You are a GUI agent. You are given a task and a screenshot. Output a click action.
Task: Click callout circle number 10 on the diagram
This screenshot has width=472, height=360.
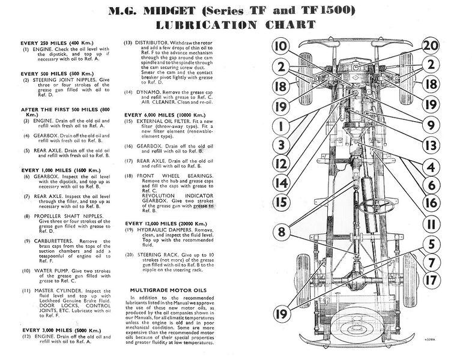[x=280, y=46]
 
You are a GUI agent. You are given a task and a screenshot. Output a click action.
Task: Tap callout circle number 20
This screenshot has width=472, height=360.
[x=429, y=46]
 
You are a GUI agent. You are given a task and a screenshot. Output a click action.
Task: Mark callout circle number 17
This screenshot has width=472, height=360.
[x=429, y=280]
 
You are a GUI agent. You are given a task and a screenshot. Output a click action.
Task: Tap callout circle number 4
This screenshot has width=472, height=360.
[x=429, y=165]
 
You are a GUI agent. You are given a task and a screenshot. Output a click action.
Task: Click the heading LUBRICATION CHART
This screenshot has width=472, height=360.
[x=235, y=25]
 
